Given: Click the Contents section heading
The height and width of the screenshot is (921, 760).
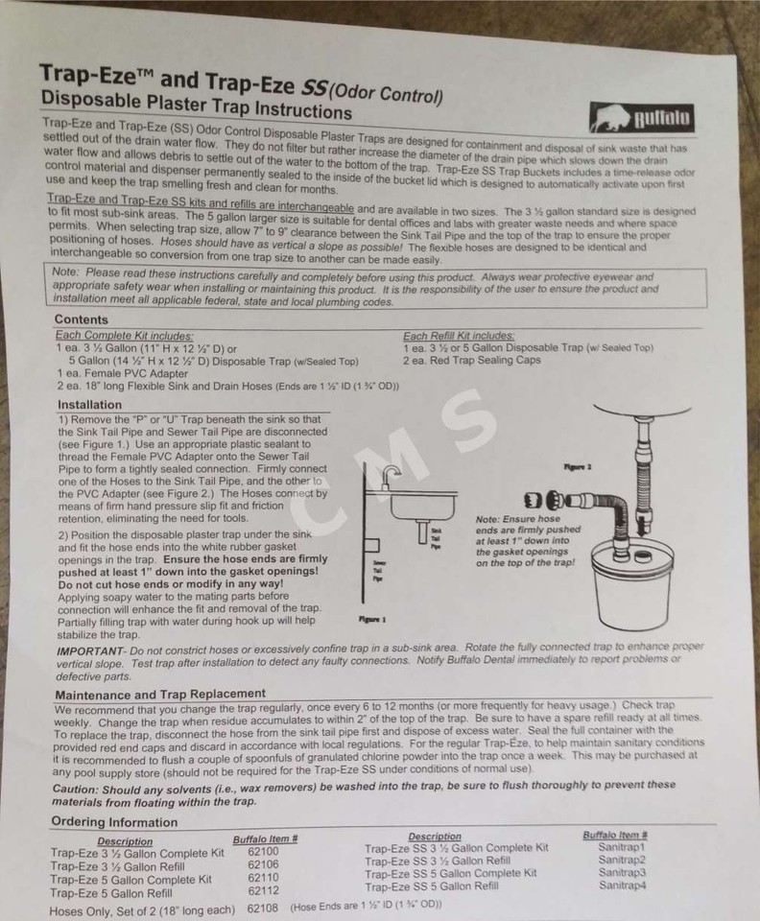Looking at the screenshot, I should click(82, 319).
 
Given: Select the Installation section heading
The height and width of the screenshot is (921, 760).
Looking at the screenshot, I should click(89, 405).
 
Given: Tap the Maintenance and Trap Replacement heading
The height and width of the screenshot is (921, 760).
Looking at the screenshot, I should click(160, 694).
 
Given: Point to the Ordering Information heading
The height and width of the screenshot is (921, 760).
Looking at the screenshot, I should click(114, 821).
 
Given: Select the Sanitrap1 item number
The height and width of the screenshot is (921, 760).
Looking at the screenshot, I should click(622, 847).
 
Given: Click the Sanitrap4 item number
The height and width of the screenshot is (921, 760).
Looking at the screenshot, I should click(622, 886).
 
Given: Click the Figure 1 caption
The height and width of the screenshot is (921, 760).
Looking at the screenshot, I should click(371, 619).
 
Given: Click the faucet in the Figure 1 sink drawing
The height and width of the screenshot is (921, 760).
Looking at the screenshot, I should click(390, 477).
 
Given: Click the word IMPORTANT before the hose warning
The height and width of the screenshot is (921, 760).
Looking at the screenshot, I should click(91, 651).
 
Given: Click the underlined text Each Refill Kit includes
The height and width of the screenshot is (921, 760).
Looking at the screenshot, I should click(459, 336).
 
